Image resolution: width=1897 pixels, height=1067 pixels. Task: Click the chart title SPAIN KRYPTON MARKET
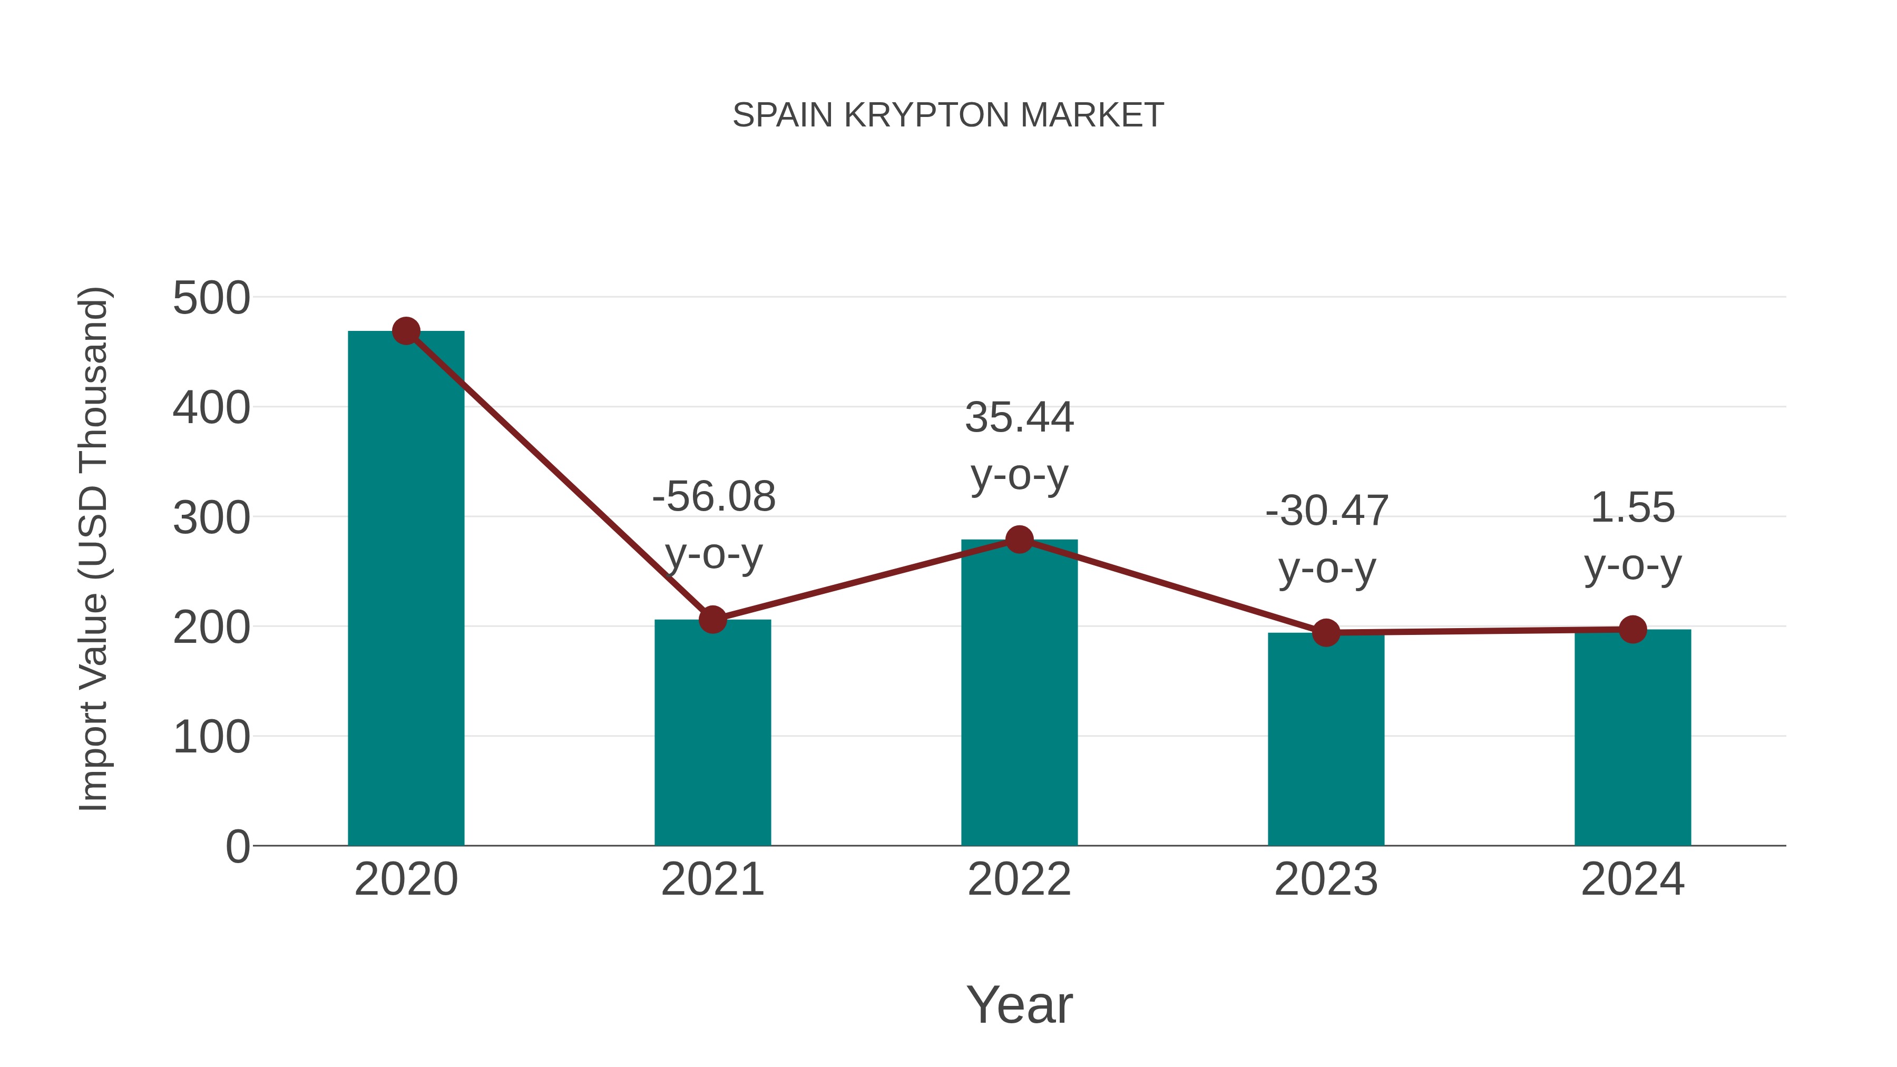(948, 115)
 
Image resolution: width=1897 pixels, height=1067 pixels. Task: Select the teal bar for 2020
(406, 589)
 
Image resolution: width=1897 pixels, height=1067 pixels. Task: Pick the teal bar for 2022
(1019, 692)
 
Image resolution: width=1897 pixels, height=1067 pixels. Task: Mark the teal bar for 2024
(1632, 737)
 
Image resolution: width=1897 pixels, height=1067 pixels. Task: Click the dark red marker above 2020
(406, 331)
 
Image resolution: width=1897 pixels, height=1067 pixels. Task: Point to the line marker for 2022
(1019, 540)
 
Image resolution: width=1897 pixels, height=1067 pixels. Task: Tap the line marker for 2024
(1632, 630)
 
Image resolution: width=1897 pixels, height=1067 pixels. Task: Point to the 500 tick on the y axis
(211, 298)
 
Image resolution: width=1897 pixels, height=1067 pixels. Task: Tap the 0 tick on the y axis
(237, 846)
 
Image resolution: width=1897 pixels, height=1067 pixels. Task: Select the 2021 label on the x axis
(712, 879)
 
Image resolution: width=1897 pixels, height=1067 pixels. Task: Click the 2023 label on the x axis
(1326, 879)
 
